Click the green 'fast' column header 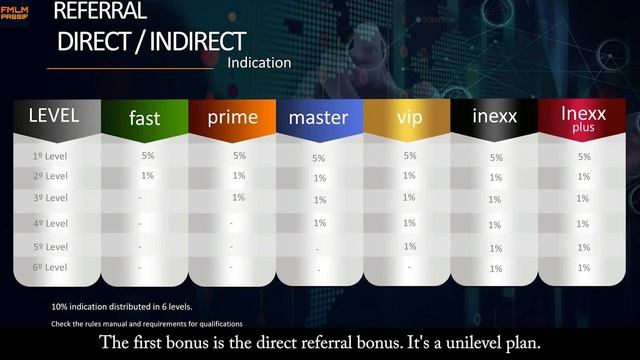pyautogui.click(x=144, y=118)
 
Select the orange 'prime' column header pyautogui.click(x=232, y=117)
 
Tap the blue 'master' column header pyautogui.click(x=318, y=118)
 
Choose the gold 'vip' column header pyautogui.click(x=409, y=118)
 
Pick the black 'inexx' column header pyautogui.click(x=495, y=118)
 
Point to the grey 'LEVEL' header pyautogui.click(x=53, y=115)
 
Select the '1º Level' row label pyautogui.click(x=50, y=157)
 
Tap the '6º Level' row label pyautogui.click(x=50, y=268)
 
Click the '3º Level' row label pyautogui.click(x=50, y=199)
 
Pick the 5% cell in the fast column pyautogui.click(x=147, y=156)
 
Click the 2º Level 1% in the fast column pyautogui.click(x=147, y=176)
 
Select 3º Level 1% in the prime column pyautogui.click(x=238, y=197)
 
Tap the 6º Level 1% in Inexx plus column pyautogui.click(x=583, y=269)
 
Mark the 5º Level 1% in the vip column pyautogui.click(x=409, y=246)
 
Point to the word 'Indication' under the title pyautogui.click(x=259, y=62)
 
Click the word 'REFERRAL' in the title pyautogui.click(x=99, y=12)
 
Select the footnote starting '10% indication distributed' pyautogui.click(x=122, y=306)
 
